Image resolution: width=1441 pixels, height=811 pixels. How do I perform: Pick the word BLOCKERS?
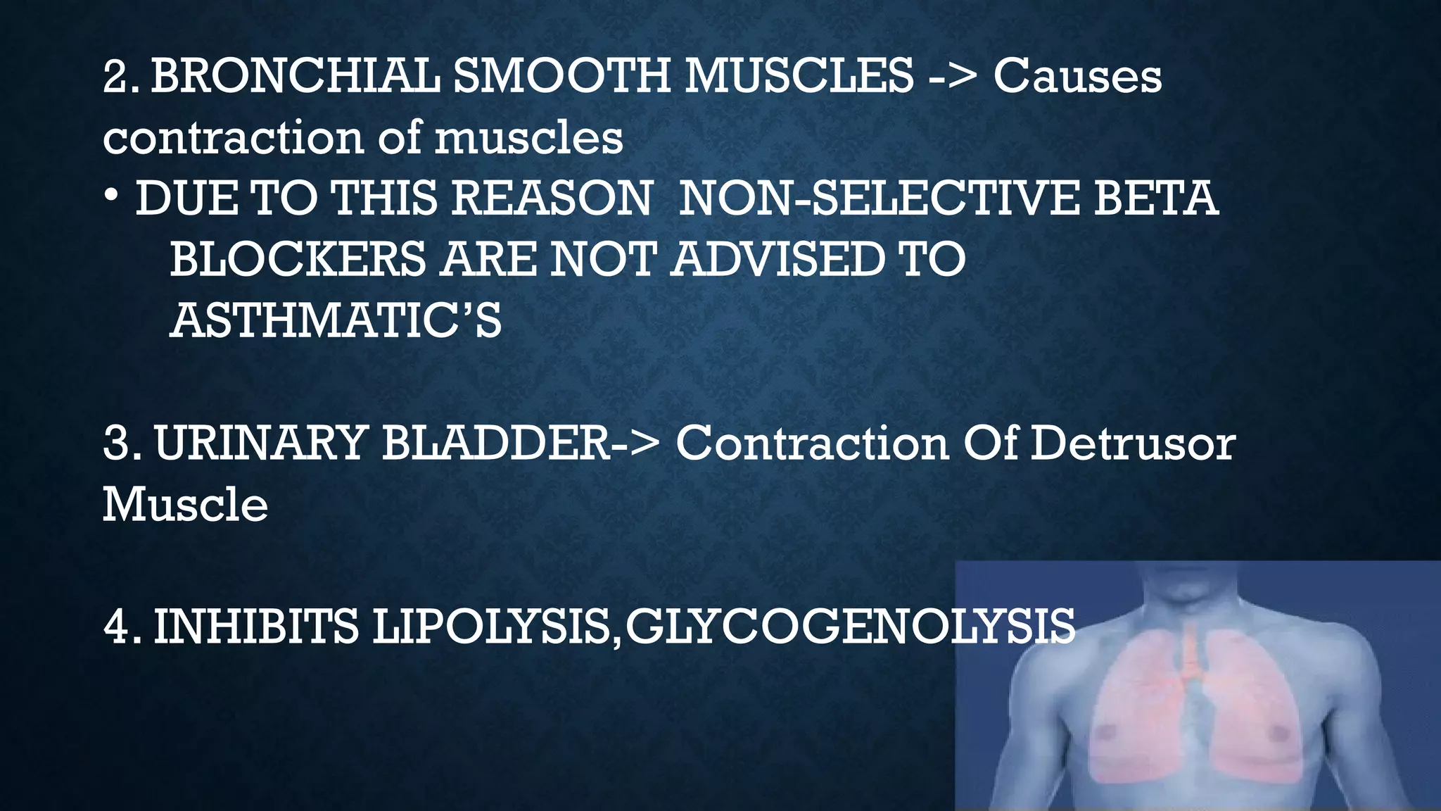point(297,259)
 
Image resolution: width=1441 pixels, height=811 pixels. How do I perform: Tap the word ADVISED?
point(777,259)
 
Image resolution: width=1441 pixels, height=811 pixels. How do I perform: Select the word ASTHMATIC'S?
point(336,320)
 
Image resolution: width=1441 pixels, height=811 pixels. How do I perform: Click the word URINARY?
point(260,444)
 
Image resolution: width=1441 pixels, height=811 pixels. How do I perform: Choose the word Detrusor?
point(1132,444)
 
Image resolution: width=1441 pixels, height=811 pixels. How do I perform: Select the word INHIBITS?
point(256,626)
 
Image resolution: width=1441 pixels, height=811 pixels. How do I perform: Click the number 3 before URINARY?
point(115,444)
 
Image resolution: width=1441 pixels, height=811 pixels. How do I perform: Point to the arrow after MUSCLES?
point(953,77)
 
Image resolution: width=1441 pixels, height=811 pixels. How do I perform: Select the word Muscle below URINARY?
point(185,504)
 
